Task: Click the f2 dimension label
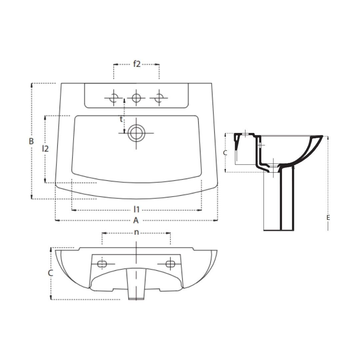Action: click(137, 64)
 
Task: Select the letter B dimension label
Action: click(31, 141)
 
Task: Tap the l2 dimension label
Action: click(45, 149)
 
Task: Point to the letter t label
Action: click(121, 119)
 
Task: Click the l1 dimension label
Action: click(136, 209)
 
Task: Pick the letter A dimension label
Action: click(136, 220)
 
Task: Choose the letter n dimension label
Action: click(136, 233)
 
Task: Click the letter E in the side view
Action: click(328, 217)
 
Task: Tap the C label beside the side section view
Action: click(225, 153)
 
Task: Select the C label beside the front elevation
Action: click(50, 273)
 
